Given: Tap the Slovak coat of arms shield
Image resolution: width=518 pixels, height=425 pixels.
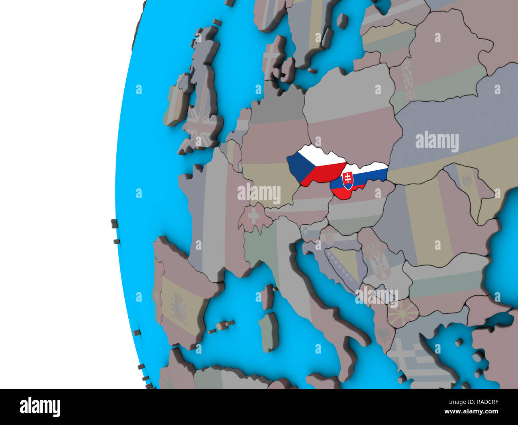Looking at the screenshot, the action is coord(347,180).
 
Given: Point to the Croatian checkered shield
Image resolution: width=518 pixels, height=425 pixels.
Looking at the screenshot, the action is coord(329,237).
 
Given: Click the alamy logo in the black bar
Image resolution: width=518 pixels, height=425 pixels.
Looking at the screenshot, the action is coord(40,407).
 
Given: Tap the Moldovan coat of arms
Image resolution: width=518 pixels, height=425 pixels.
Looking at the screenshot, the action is coord(466,182).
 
